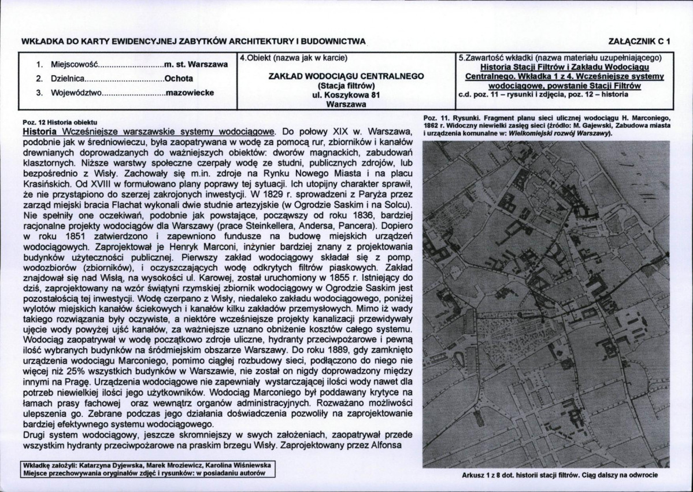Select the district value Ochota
point(179,78)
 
